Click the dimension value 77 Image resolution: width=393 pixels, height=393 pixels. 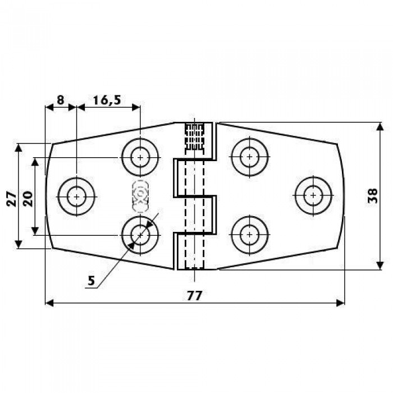194,296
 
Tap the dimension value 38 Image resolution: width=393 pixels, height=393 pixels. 373,196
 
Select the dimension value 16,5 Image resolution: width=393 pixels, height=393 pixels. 107,100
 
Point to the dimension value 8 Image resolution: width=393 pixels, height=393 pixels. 61,100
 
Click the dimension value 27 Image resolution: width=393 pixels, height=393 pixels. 12,199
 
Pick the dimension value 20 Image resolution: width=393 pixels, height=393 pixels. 28,199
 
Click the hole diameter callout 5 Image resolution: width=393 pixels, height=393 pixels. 92,281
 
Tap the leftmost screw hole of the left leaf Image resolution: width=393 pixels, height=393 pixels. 76,196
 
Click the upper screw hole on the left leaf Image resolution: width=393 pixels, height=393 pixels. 140,157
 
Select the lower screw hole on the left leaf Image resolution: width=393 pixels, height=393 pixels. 140,235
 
